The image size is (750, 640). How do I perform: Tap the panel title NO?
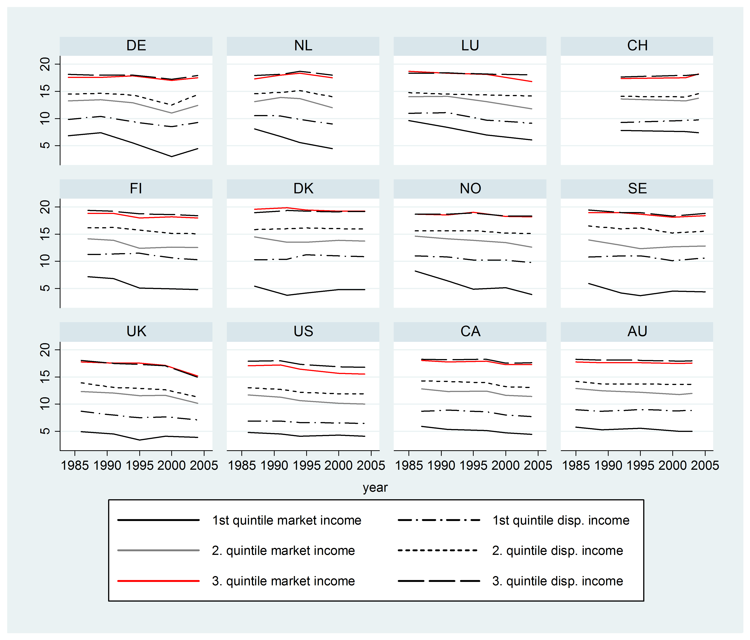(x=470, y=189)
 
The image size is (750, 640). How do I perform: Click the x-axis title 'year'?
(x=375, y=488)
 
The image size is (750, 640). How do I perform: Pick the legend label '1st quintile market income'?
(x=287, y=520)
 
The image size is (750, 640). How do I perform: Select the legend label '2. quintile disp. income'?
(x=557, y=551)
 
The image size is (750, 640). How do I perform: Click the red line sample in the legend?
(x=159, y=581)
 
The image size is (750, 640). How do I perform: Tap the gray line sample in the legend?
(x=159, y=551)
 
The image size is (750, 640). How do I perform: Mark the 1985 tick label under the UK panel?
(x=75, y=465)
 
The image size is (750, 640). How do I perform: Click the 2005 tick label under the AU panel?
(x=705, y=465)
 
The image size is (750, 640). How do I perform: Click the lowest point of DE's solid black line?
(x=172, y=156)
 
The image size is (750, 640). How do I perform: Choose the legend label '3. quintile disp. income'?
(x=557, y=581)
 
